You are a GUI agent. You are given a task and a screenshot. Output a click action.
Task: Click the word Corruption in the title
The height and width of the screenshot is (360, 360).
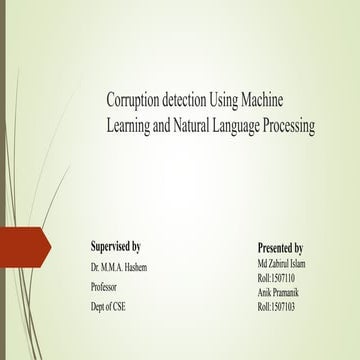tap(135, 102)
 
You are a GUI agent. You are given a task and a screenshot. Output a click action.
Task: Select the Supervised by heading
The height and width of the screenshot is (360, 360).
tap(115, 246)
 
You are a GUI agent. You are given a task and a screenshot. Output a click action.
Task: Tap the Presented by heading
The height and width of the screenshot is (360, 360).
tap(281, 247)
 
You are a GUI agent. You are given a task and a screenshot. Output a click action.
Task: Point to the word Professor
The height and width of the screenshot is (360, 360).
tap(107, 286)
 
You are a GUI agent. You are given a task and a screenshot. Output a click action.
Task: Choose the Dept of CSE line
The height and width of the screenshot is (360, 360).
tap(109, 305)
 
